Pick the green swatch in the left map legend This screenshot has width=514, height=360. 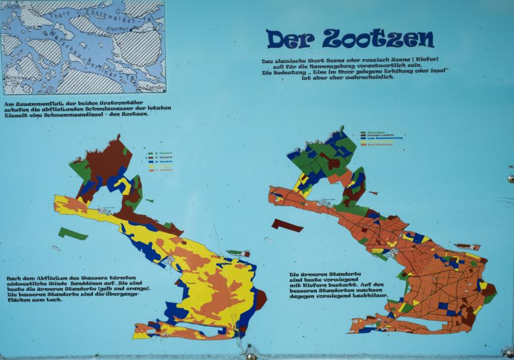(149, 153)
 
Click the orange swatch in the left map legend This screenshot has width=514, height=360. (149, 170)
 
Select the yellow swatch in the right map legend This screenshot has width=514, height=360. (364, 142)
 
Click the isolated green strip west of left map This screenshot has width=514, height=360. (73, 233)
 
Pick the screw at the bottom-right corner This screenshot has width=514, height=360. (506, 353)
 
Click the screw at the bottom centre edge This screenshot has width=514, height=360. (251, 356)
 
